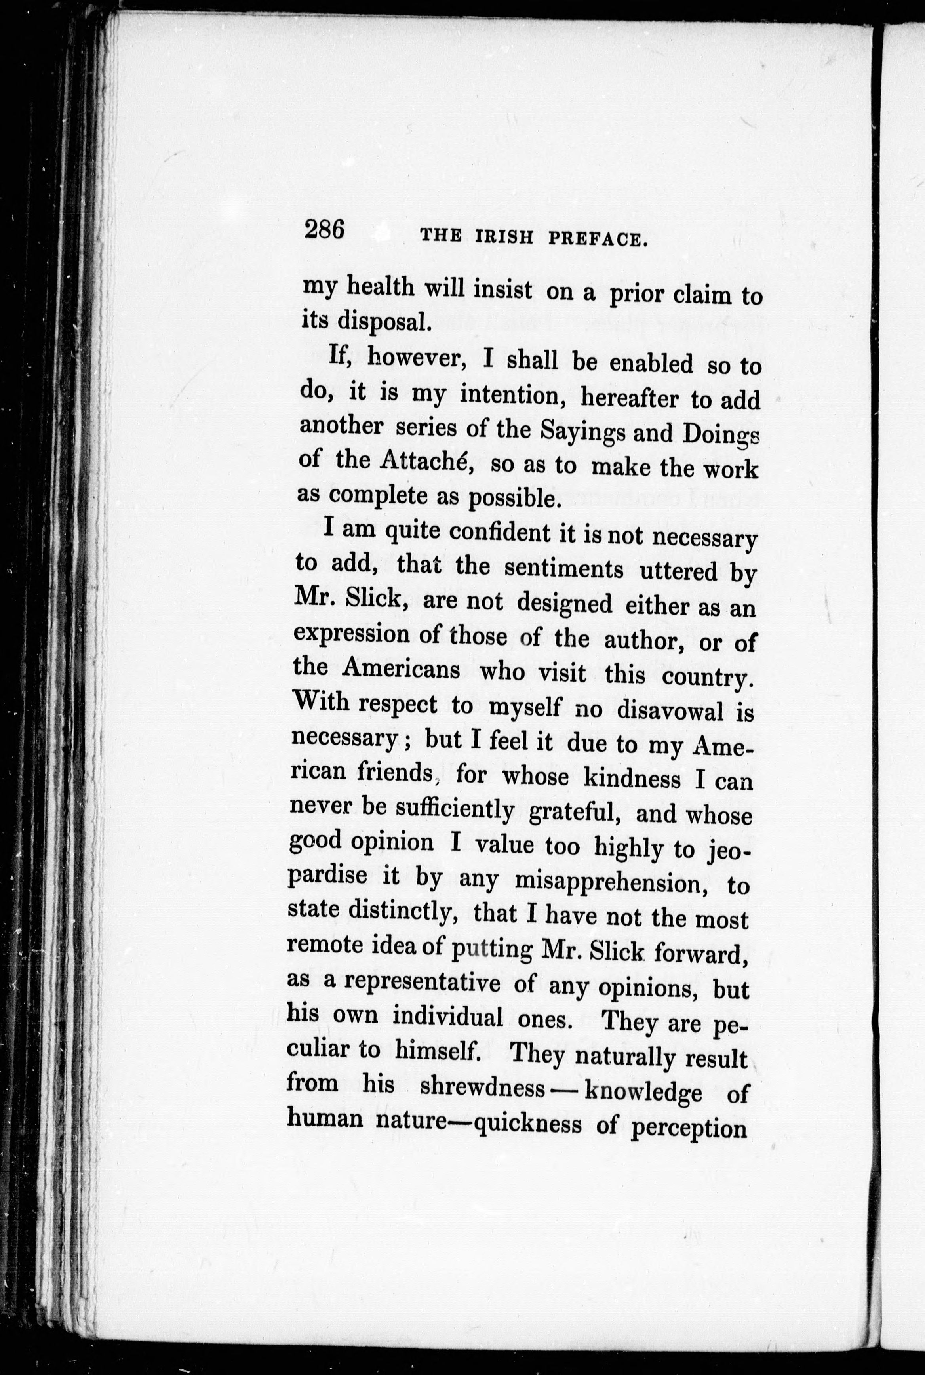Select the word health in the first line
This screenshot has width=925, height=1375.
click(380, 287)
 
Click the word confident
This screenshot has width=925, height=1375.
click(501, 533)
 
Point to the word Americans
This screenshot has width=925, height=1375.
click(401, 669)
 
